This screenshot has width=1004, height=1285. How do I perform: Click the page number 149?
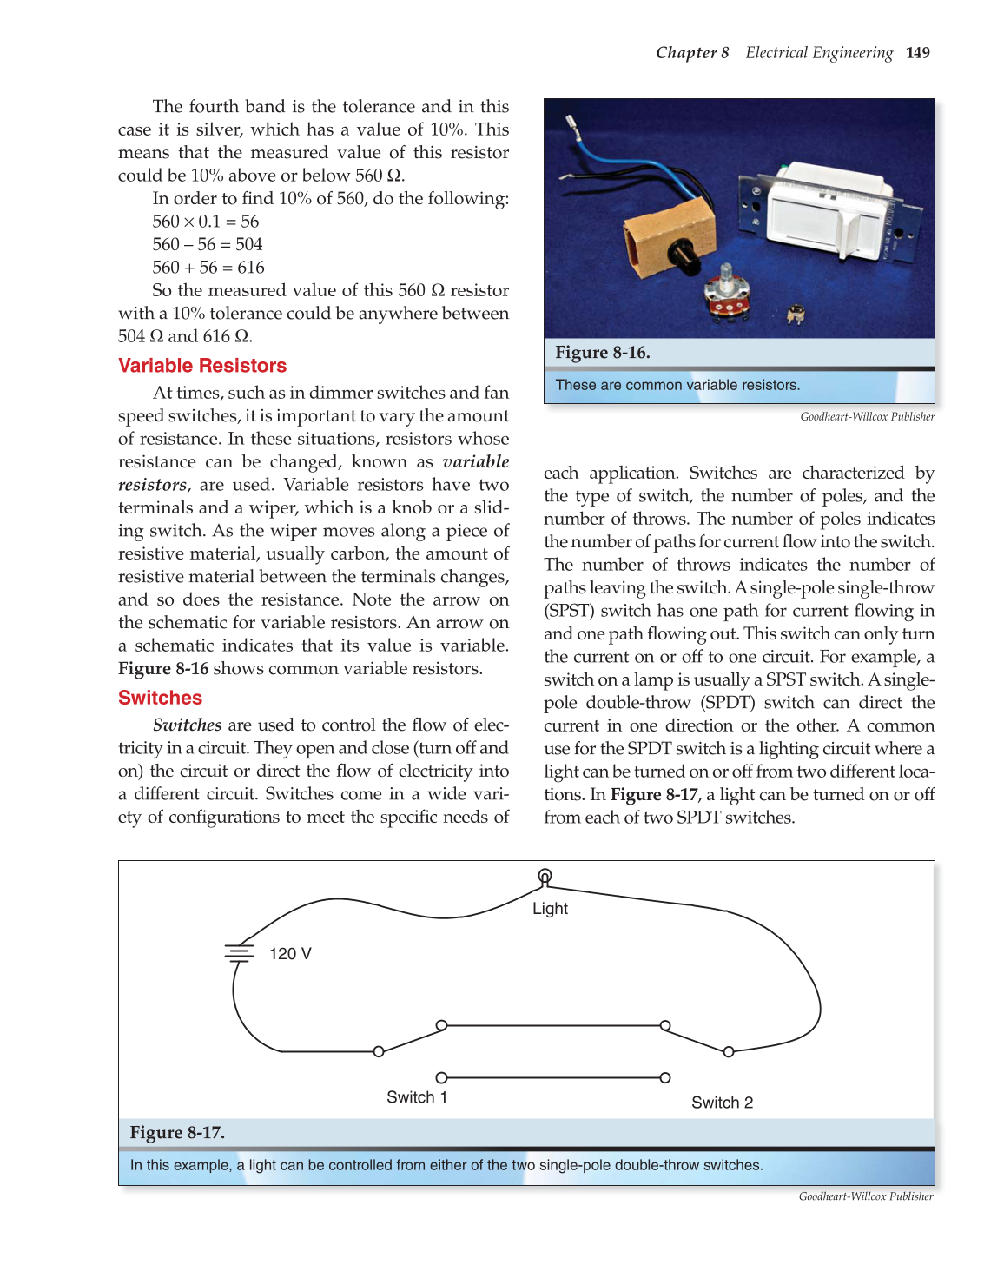click(x=917, y=53)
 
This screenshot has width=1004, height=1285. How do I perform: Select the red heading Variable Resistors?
click(x=202, y=366)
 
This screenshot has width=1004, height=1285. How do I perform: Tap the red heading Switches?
click(x=160, y=698)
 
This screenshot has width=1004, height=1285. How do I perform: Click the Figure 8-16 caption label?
click(x=603, y=353)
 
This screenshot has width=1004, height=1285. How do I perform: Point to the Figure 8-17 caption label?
click(x=177, y=1133)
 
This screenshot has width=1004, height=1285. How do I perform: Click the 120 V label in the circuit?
click(x=290, y=954)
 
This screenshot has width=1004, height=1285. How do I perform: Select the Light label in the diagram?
click(x=550, y=909)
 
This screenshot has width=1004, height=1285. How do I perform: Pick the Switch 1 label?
click(x=417, y=1097)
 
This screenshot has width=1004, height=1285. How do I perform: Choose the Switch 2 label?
click(x=722, y=1103)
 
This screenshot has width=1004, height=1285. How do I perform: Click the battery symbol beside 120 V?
click(x=239, y=953)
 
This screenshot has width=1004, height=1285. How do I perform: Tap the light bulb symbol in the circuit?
click(x=545, y=876)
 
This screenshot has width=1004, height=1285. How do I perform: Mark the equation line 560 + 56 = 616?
click(x=208, y=268)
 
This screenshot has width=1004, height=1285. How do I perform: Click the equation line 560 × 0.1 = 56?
click(x=206, y=222)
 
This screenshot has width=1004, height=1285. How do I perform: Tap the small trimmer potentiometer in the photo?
click(x=794, y=313)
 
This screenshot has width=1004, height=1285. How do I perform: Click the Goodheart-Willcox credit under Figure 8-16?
click(x=867, y=417)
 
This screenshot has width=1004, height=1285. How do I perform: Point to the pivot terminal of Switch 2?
click(x=729, y=1052)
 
